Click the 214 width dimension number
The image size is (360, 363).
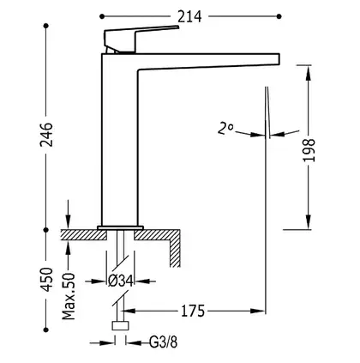189,16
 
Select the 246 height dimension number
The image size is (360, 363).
46,135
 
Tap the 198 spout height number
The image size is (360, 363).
309,150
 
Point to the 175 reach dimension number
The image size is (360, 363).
193,311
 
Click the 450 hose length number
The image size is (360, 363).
46,280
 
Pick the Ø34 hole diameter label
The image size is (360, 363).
121,281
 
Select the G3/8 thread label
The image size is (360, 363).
164,342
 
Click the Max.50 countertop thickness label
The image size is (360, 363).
69,296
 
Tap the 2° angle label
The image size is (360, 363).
225,128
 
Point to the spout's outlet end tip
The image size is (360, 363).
279,59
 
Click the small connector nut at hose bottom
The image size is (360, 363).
121,326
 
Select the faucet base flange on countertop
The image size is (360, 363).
120,227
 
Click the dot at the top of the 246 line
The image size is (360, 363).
45,26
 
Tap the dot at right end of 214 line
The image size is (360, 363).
279,16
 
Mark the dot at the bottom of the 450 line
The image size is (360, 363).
45,330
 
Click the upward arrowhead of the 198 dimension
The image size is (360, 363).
309,72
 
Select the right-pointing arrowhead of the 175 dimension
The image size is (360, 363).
258,311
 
